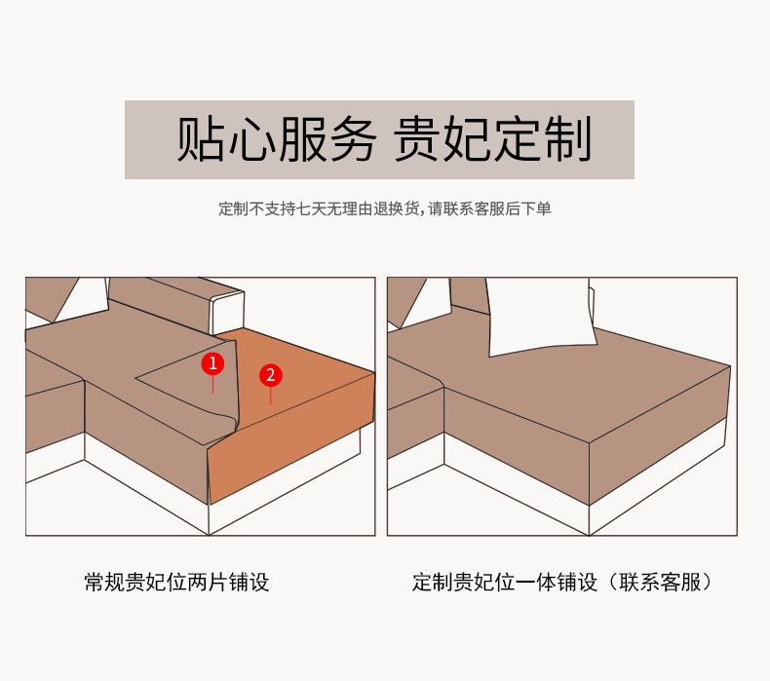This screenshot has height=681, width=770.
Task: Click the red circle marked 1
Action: click(212, 363)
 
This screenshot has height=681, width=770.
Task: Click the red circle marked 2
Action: click(271, 375)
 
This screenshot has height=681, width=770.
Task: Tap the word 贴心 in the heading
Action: click(227, 139)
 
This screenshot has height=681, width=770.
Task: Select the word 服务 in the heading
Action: click(327, 139)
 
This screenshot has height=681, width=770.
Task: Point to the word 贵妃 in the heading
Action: click(443, 139)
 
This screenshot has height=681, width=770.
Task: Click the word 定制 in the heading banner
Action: click(543, 139)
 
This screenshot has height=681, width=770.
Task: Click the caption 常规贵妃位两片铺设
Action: click(176, 583)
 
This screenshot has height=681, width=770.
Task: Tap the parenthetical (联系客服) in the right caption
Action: click(659, 583)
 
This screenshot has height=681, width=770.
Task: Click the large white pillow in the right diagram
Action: click(540, 317)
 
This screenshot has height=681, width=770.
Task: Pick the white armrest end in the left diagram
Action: click(227, 312)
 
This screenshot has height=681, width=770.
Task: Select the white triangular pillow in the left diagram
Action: click(81, 299)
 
